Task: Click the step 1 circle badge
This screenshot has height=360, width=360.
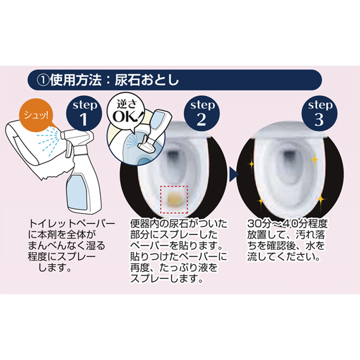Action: click(x=84, y=114)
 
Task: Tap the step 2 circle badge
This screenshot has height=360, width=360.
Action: click(x=202, y=114)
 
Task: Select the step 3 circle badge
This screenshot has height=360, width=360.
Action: click(x=319, y=114)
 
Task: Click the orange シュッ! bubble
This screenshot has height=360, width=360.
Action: click(x=36, y=116)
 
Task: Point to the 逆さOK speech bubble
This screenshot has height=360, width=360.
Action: click(x=126, y=110)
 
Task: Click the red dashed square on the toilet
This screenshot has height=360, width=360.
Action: click(x=174, y=200)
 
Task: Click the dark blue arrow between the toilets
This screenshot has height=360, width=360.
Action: click(x=234, y=174)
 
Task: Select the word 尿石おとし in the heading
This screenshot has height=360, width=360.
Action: click(x=147, y=81)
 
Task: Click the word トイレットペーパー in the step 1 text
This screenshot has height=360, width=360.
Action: click(x=72, y=223)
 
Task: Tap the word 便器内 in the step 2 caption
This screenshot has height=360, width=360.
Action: click(x=144, y=223)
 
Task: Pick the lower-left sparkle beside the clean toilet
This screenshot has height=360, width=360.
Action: click(x=261, y=202)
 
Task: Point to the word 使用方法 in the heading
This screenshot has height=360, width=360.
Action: click(x=76, y=81)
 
